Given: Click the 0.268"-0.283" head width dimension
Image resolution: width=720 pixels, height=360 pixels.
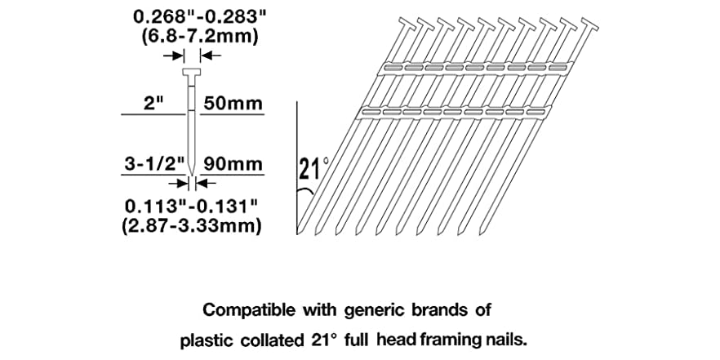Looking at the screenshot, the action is click(200, 17).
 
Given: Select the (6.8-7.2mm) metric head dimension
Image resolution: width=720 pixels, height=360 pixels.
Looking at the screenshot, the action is click(200, 36).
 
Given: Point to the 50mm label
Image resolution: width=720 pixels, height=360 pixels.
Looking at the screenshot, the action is click(233, 104).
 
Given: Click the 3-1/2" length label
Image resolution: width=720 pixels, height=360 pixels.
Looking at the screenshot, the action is click(154, 164).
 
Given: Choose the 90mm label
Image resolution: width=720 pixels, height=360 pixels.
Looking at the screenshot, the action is click(233, 164).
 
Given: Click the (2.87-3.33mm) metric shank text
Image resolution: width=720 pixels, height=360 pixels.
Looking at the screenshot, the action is click(192, 225).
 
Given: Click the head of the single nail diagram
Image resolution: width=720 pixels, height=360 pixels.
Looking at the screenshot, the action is click(192, 72).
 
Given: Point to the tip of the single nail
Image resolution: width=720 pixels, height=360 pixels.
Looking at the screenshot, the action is click(192, 175).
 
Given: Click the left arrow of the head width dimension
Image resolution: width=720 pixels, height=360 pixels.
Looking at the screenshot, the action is click(174, 56).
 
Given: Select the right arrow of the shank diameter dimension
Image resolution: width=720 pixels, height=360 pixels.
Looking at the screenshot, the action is click(207, 183).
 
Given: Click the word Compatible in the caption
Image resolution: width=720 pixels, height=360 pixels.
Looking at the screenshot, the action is click(249, 310).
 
